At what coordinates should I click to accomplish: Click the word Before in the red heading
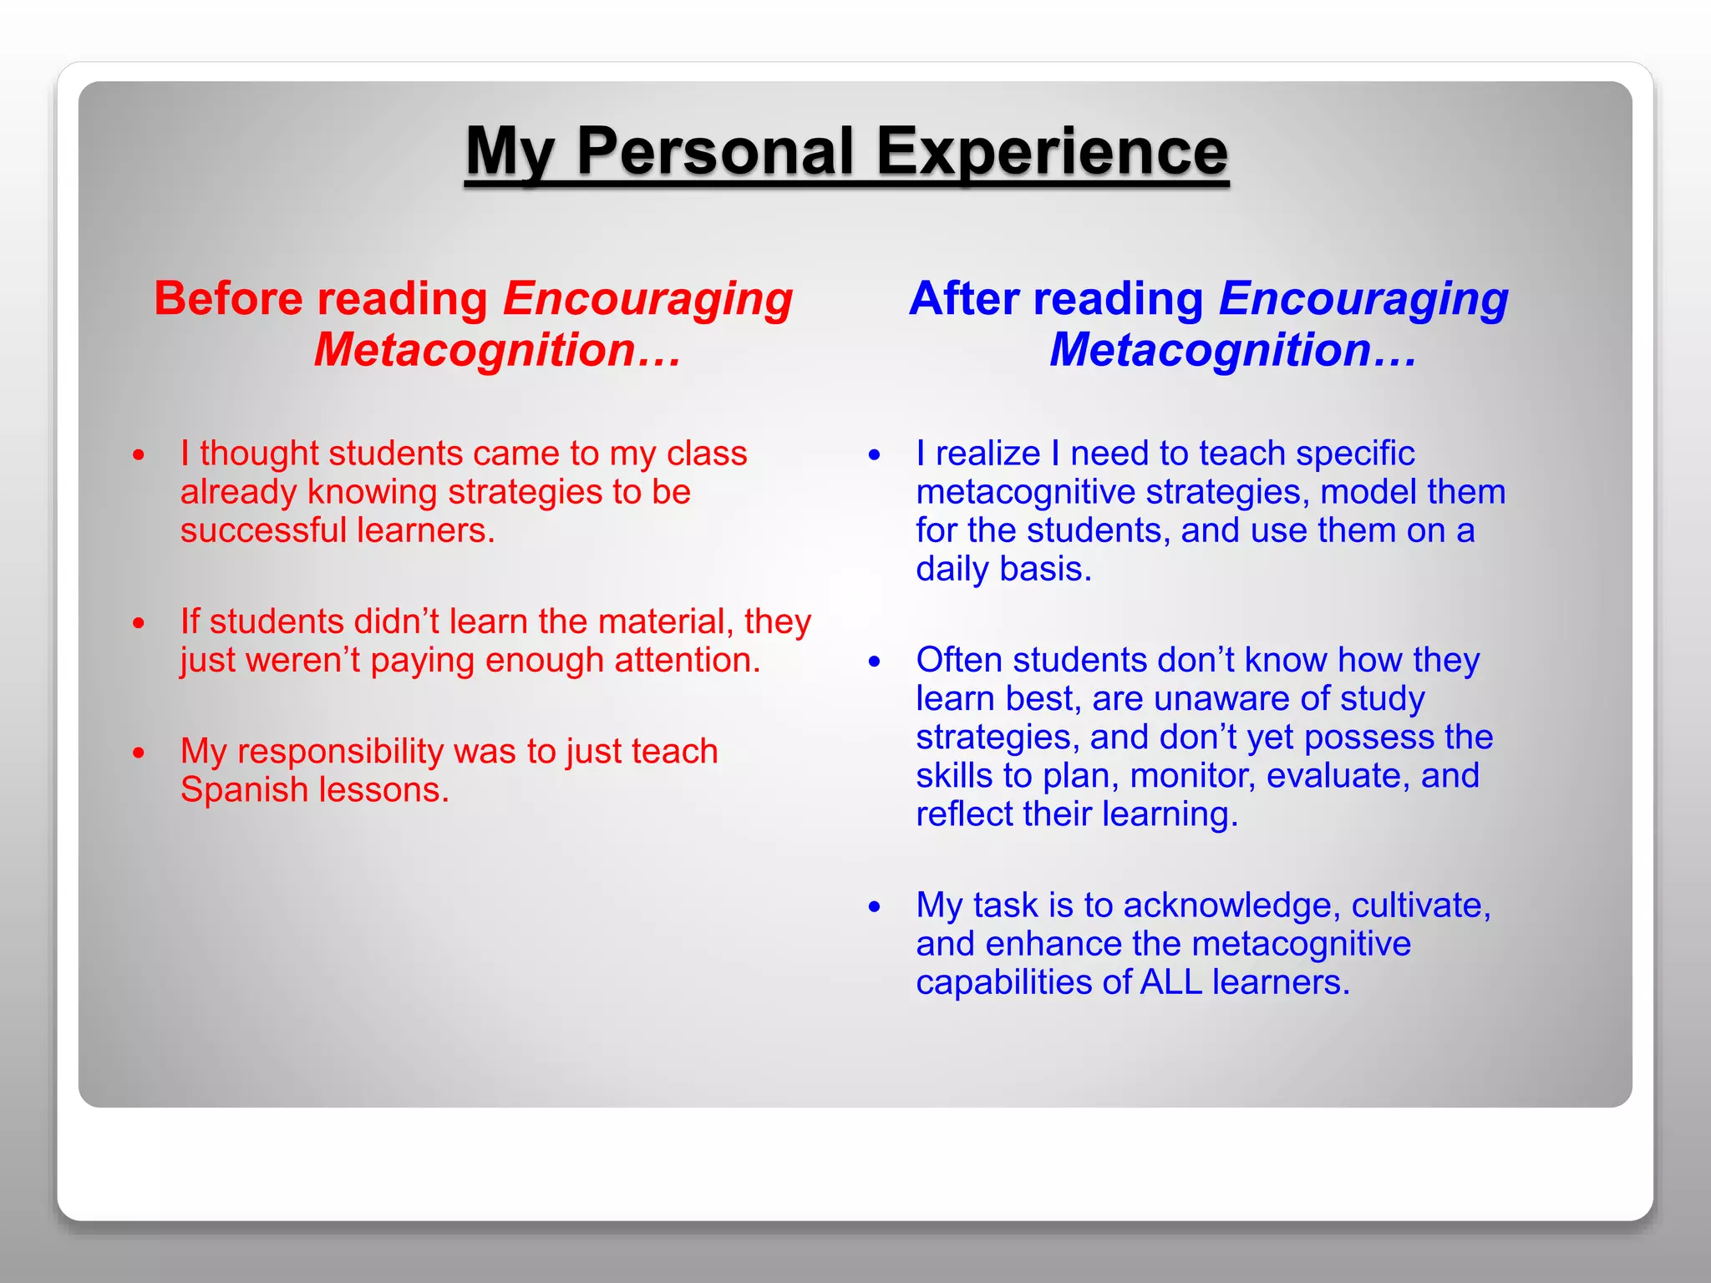227,298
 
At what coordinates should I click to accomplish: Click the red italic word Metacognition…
497,349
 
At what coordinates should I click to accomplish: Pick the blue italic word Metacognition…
1232,349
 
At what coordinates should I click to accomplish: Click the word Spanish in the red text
244,790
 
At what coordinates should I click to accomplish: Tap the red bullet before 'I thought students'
139,455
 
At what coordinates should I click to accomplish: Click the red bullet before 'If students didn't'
139,623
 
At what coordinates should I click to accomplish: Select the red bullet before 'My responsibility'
139,753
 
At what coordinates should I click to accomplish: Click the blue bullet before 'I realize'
874,455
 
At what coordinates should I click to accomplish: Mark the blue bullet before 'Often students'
874,662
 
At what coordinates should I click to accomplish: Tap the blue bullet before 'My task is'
874,906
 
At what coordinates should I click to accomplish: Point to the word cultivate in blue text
1419,905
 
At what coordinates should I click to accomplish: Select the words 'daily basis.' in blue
1003,570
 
